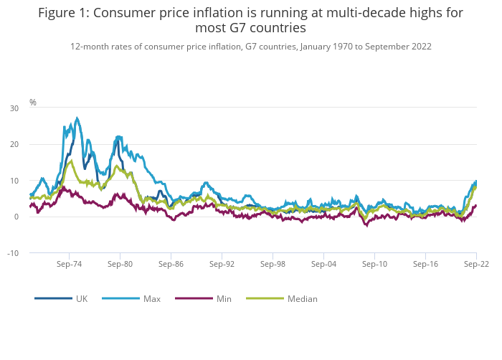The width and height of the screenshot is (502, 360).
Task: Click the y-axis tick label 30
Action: tap(14, 108)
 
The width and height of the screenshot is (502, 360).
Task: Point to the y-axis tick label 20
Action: tap(14, 144)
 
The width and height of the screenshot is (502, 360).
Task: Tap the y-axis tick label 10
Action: tap(14, 181)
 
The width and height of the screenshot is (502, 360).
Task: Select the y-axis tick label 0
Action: tap(16, 217)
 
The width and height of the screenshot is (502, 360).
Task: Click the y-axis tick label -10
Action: tap(13, 253)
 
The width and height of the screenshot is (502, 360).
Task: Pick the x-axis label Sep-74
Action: tap(69, 264)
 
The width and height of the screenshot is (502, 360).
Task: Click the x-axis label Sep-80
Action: tap(120, 264)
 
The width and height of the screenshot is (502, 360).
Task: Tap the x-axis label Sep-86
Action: tap(171, 264)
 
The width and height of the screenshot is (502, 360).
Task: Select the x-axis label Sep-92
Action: tap(222, 264)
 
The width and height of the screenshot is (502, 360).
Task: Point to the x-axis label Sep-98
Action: tap(273, 264)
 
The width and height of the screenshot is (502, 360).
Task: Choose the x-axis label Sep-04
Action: tap(323, 264)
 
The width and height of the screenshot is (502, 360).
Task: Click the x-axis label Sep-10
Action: tap(374, 264)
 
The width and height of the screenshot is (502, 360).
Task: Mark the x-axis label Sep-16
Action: tap(425, 264)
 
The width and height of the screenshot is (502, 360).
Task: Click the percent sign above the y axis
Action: tap(33, 103)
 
